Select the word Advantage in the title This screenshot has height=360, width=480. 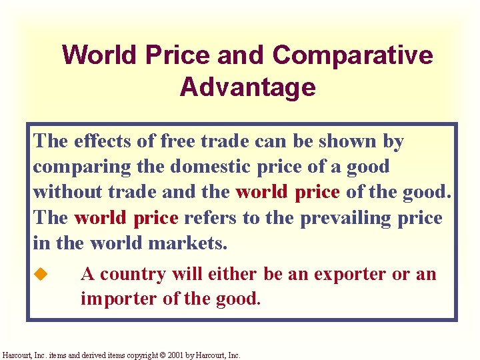pyautogui.click(x=247, y=87)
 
